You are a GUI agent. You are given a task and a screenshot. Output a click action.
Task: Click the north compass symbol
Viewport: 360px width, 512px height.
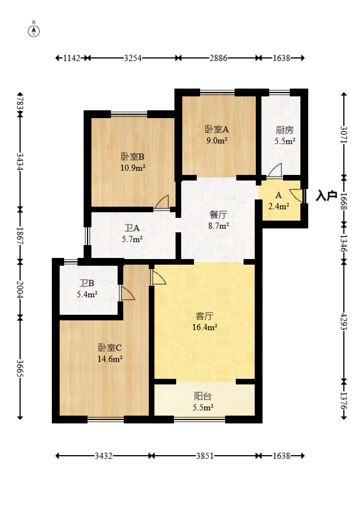[x=34, y=31]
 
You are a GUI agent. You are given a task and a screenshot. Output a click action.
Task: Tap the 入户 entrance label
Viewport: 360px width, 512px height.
[x=326, y=196]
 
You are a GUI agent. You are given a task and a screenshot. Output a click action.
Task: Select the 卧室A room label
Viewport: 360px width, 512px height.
[x=217, y=129]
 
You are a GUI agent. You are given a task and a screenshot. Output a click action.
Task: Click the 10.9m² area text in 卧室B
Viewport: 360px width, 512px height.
[x=133, y=167]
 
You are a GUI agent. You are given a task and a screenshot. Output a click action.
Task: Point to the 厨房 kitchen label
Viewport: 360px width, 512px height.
[x=285, y=130]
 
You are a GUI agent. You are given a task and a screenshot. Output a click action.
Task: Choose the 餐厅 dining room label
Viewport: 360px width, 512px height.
[x=218, y=214]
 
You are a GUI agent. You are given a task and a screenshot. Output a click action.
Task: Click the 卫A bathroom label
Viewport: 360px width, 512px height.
[x=132, y=228]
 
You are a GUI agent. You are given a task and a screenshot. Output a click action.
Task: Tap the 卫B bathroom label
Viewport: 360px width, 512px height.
[x=87, y=283]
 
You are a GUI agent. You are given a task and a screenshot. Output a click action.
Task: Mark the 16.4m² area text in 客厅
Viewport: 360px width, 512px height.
[x=205, y=328]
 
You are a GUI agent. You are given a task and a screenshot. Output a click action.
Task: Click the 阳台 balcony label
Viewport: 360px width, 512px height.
[x=202, y=397]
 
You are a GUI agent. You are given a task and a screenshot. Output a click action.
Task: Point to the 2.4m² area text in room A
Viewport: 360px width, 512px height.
[x=279, y=206]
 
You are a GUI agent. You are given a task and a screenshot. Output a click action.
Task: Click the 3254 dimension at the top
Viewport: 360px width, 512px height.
[x=132, y=58]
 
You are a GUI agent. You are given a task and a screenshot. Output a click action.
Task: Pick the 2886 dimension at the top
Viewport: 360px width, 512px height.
[x=217, y=58]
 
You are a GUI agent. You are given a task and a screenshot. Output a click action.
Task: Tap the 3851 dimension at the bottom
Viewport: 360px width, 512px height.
[x=205, y=456]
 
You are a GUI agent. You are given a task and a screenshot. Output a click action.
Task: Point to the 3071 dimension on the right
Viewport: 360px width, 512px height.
[x=344, y=136]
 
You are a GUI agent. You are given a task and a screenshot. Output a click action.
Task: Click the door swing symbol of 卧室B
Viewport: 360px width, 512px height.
[x=162, y=202]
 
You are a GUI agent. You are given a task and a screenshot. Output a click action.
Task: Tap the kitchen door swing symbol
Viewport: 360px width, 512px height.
[x=275, y=170]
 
